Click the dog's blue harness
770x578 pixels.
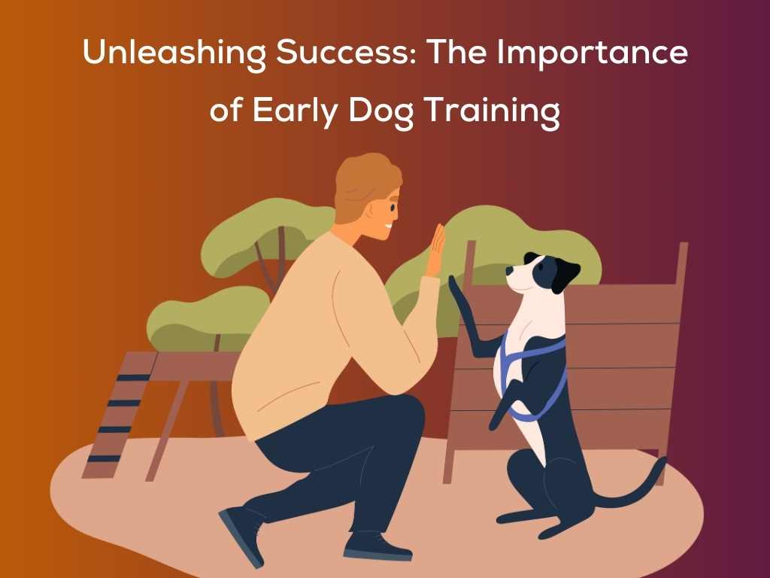pyautogui.click(x=538, y=354)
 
